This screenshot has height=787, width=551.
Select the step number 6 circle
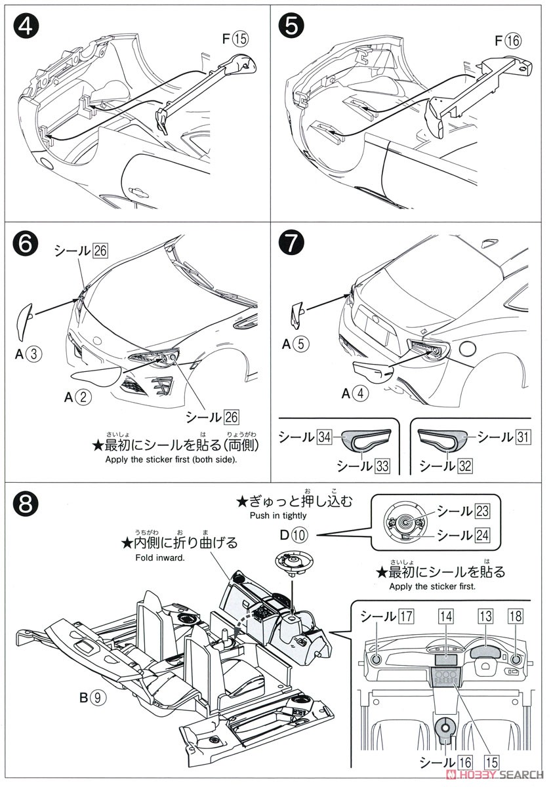[x=28, y=245]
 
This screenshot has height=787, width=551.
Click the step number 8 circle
[x=28, y=505]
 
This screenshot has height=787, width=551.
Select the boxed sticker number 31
[x=522, y=437]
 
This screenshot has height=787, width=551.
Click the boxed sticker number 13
[x=485, y=616]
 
